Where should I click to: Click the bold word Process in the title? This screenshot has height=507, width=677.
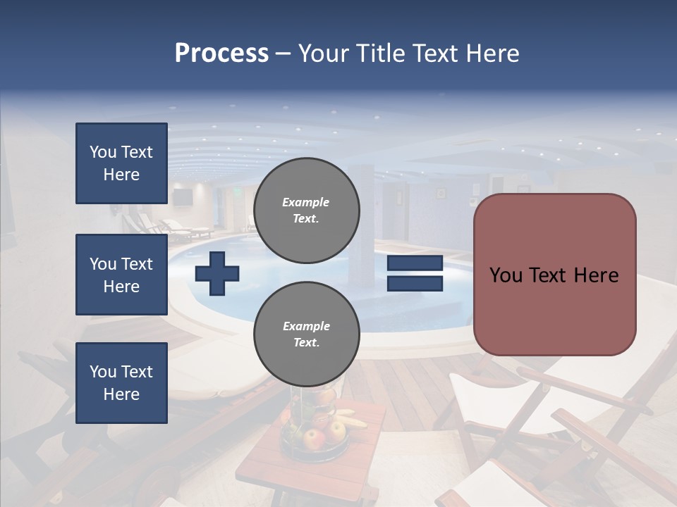point(221,54)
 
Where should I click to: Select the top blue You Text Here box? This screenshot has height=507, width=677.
point(121,163)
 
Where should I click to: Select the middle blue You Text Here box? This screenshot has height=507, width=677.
point(121,275)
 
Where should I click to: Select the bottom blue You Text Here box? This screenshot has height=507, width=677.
point(121,383)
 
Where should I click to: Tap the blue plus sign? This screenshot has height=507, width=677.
point(217,273)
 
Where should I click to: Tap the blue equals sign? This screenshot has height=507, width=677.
point(415,273)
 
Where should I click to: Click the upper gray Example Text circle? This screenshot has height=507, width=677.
point(306,211)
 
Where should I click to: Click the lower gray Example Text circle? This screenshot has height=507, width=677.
point(306,334)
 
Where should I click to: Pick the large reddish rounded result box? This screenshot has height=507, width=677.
point(554,275)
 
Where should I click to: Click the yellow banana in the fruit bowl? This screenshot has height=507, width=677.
point(349,419)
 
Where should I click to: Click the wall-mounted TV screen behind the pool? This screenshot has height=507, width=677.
point(182,197)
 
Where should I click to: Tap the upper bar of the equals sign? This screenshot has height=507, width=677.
point(415,263)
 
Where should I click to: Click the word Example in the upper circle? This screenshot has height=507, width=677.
point(306,202)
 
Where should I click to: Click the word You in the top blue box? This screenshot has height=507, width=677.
point(103,152)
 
